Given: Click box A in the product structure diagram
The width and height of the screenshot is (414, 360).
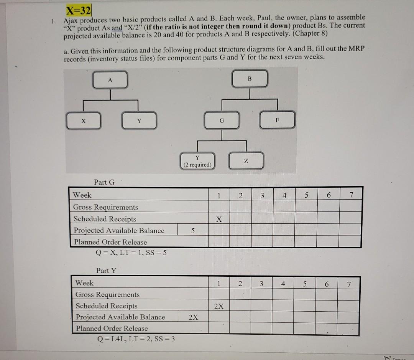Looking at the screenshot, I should (110, 80).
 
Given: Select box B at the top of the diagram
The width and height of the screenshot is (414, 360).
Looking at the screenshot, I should (250, 79).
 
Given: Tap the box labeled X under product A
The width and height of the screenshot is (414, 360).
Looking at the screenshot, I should (83, 120).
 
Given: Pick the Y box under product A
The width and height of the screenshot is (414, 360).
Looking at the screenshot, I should (139, 120).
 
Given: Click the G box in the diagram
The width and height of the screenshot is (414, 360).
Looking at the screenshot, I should (222, 120).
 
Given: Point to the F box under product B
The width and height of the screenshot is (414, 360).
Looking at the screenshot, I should (278, 119).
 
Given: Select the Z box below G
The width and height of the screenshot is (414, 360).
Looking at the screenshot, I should (247, 161).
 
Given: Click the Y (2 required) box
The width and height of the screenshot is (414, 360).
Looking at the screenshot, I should (197, 161).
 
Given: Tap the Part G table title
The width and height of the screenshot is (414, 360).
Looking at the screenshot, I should (104, 182).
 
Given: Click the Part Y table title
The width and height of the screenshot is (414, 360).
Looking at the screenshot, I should (106, 271).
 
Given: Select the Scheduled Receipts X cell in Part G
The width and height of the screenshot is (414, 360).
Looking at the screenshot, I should (219, 219).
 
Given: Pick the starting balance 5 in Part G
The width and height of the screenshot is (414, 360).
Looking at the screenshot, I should (192, 231).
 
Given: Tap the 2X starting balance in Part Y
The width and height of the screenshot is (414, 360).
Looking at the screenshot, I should (194, 317).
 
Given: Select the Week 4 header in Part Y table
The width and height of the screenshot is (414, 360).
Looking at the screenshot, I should (283, 284).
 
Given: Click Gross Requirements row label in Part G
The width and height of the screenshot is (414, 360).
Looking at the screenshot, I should (106, 207).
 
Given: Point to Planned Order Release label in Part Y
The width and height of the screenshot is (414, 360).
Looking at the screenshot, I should (112, 329).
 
